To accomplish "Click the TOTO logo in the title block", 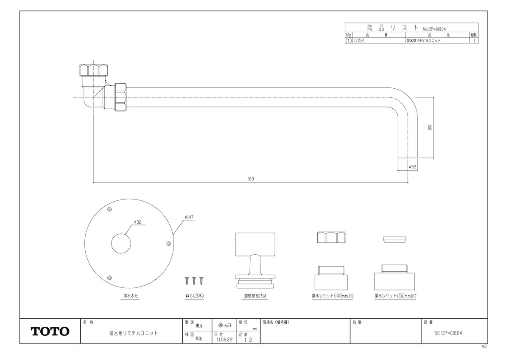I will click(x=50, y=331).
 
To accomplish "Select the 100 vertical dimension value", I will click(x=430, y=127).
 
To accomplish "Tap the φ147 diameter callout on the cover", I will click(x=189, y=217).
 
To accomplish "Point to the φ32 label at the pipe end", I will click(x=412, y=167).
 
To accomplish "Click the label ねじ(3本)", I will click(x=193, y=296).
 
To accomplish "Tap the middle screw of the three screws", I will click(x=194, y=281).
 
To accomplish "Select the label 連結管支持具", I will click(x=255, y=296).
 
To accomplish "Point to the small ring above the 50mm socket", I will click(x=395, y=239).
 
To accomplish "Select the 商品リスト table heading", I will click(x=386, y=27).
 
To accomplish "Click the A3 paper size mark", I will click(x=484, y=346).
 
